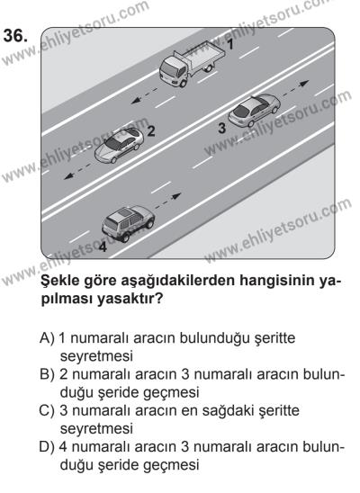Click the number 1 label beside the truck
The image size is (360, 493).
[x=229, y=42]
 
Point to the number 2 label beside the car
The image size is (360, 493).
[x=151, y=130]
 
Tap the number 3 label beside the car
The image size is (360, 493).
[x=221, y=129]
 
